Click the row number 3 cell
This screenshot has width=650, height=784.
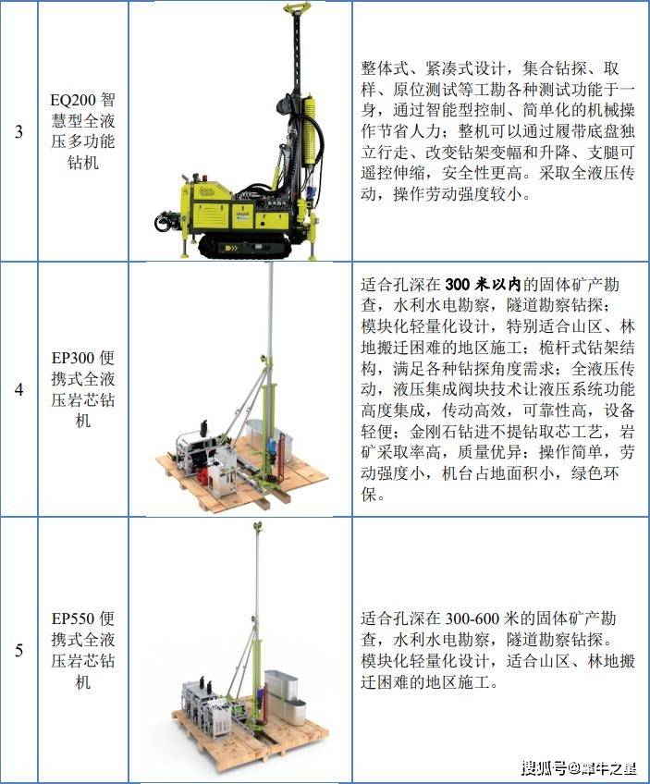(19, 131)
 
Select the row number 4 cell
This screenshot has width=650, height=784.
(19, 389)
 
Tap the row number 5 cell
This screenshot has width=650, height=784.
(19, 650)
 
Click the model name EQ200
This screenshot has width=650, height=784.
(73, 100)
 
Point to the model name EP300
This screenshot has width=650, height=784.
(73, 358)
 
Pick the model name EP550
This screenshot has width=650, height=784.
(73, 619)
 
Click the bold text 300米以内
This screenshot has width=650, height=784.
(483, 285)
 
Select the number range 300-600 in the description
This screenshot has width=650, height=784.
(472, 619)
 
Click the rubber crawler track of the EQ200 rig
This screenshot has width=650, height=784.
(245, 247)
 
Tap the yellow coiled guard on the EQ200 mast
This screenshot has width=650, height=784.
(311, 130)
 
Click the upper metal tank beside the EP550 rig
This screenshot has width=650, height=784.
(280, 683)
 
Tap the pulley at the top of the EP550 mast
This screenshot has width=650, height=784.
(258, 527)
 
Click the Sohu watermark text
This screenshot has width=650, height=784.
(579, 767)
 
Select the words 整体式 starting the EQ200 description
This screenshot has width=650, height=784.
(385, 68)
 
